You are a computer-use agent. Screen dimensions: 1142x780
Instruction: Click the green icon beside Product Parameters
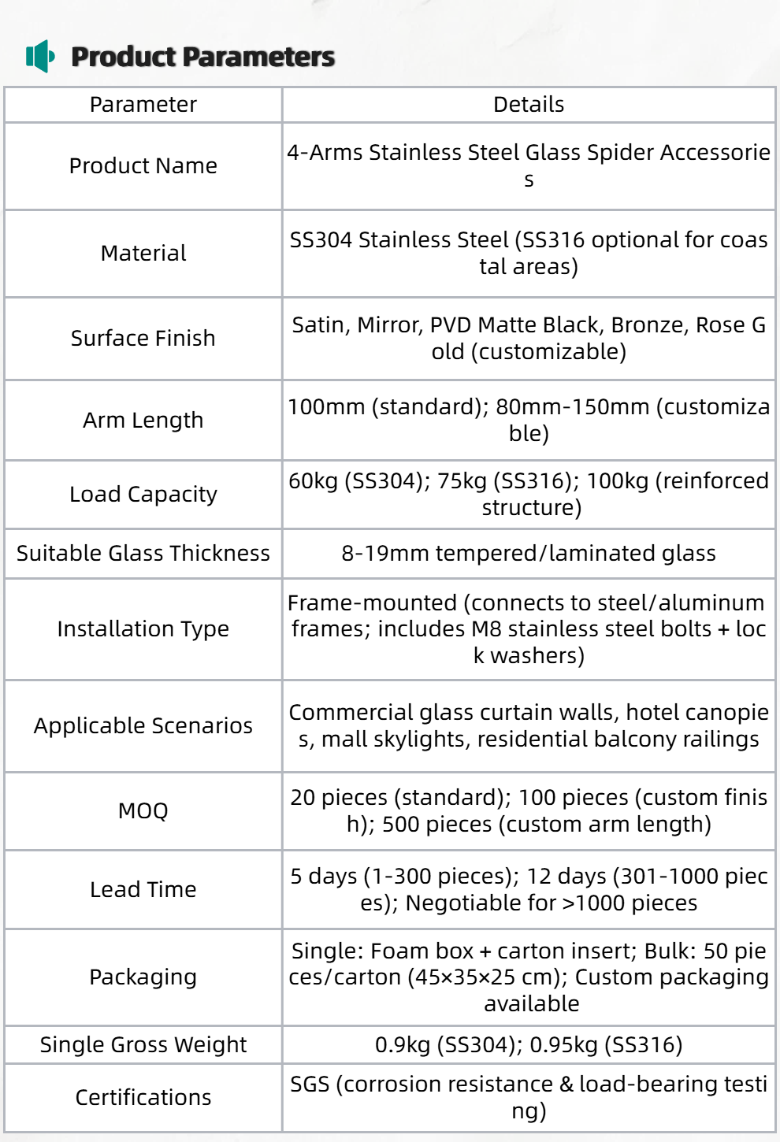click(x=40, y=57)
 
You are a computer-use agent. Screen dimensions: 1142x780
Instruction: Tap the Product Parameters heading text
click(x=202, y=57)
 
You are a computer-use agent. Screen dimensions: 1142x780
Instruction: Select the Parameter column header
click(x=143, y=105)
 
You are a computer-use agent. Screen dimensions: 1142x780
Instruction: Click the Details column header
click(x=529, y=105)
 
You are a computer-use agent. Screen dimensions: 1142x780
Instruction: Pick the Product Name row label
click(x=143, y=166)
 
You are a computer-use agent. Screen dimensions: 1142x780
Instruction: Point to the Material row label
click(x=143, y=254)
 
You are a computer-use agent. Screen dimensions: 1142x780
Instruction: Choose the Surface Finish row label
click(x=143, y=339)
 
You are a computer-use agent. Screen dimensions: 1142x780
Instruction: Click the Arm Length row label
click(x=143, y=421)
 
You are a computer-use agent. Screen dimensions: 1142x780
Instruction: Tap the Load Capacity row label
click(x=143, y=495)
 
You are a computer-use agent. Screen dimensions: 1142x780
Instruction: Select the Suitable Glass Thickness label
click(x=143, y=554)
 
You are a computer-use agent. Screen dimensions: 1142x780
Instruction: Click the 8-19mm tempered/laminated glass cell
click(x=529, y=554)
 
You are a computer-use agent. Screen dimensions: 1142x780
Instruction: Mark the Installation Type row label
click(x=143, y=629)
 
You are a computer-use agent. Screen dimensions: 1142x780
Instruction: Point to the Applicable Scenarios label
click(x=143, y=726)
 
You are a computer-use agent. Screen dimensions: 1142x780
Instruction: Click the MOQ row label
click(x=143, y=811)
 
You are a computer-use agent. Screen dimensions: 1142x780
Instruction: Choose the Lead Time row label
click(x=143, y=890)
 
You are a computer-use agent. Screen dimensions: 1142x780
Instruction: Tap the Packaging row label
click(x=143, y=977)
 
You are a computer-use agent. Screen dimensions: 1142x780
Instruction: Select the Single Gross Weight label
click(x=143, y=1045)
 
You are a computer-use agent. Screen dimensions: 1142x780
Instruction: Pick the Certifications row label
click(x=143, y=1098)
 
